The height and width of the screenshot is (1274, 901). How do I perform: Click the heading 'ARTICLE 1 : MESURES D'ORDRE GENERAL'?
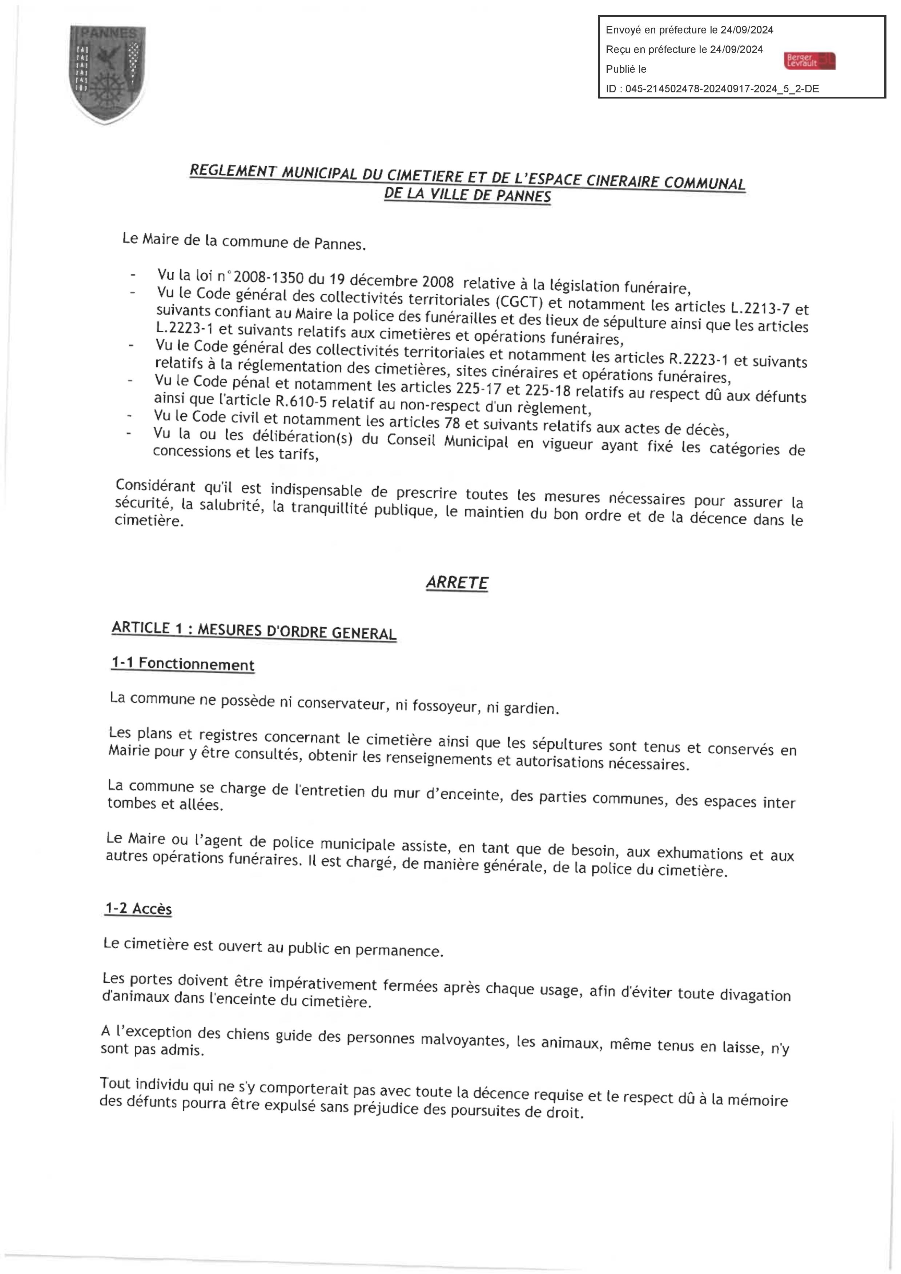coord(254,631)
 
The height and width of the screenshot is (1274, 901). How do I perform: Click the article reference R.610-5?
coord(301,401)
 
